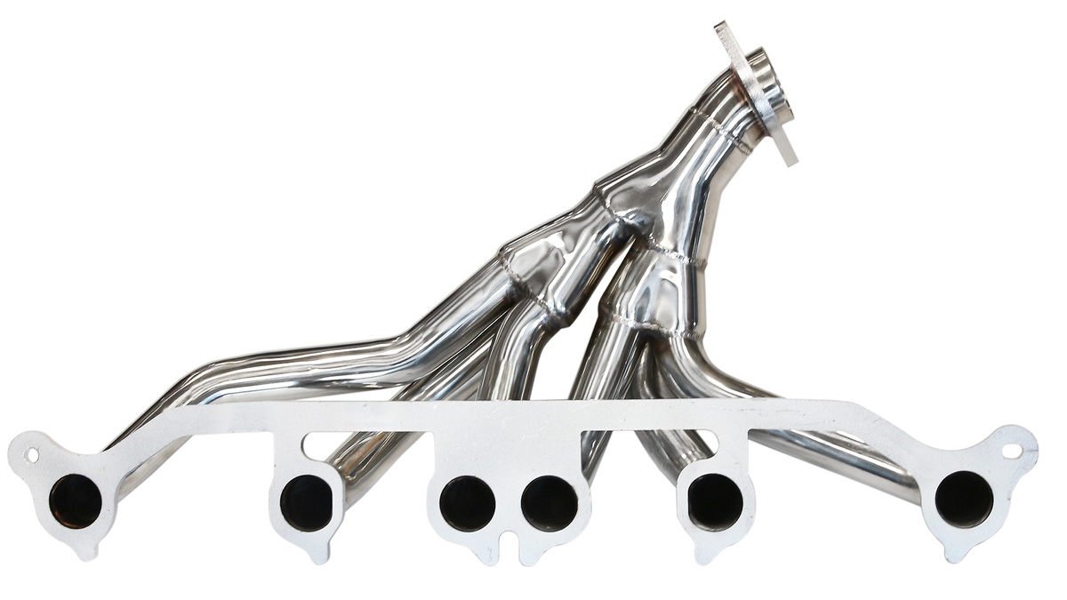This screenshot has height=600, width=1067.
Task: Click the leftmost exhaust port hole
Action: click(76, 500)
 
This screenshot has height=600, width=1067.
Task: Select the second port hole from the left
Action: click(306, 502)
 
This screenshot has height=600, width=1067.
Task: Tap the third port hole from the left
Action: click(467, 503)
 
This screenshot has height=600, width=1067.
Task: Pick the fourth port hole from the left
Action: click(549, 503)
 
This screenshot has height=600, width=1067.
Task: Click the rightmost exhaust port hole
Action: click(964, 499)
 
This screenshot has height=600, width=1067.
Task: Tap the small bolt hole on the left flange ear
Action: click(32, 455)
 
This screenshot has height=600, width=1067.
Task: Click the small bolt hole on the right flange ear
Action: click(1012, 451)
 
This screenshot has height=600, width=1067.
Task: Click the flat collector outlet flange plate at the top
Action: click(756, 93)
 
